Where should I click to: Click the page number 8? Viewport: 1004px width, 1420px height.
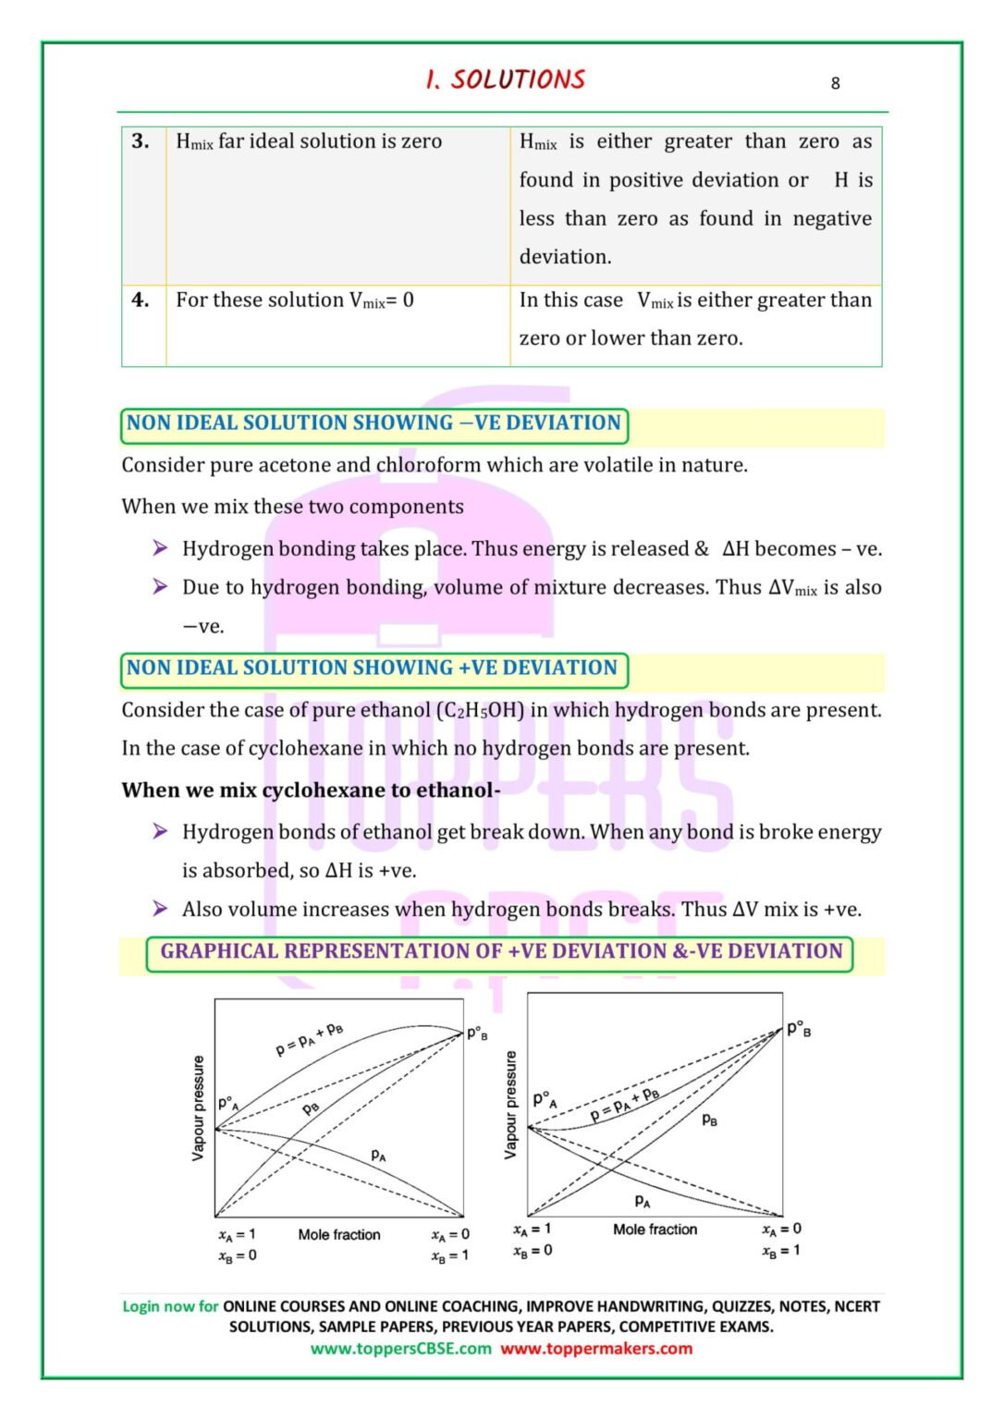click(835, 83)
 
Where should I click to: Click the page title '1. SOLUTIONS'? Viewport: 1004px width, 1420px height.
click(505, 80)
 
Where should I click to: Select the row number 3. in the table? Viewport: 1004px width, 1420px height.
click(141, 141)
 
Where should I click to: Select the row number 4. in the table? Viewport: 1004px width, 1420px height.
click(141, 300)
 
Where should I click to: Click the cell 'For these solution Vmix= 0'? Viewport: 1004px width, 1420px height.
click(295, 300)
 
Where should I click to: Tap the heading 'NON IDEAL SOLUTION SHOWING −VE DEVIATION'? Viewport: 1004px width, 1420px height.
click(373, 423)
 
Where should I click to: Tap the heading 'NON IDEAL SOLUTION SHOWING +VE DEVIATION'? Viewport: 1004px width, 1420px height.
click(372, 668)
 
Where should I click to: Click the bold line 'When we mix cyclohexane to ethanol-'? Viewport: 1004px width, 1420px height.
click(311, 790)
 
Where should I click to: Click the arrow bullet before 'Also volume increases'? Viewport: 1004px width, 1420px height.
click(160, 909)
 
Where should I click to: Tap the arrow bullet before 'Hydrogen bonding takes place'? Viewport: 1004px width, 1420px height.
click(160, 548)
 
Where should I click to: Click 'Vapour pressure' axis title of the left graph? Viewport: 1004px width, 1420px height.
click(198, 1108)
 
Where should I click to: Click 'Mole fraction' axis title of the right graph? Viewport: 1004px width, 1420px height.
click(655, 1229)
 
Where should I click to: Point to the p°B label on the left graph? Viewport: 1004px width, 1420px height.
click(477, 1034)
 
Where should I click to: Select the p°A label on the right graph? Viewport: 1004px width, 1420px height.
click(545, 1099)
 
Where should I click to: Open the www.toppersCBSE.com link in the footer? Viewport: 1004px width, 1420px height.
click(400, 1349)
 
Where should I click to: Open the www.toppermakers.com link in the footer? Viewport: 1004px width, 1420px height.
click(596, 1349)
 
